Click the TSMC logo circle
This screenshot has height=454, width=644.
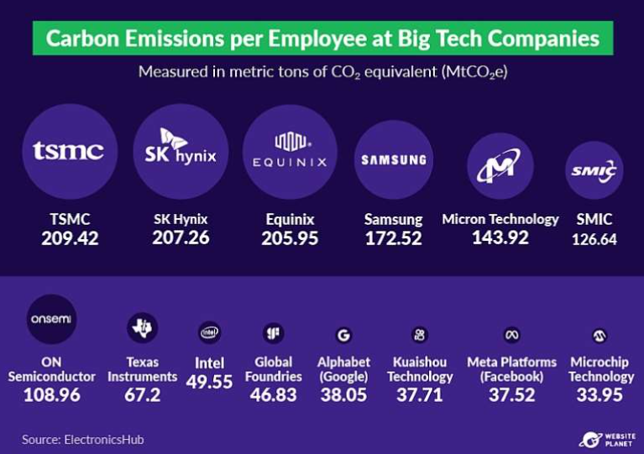pyautogui.click(x=69, y=151)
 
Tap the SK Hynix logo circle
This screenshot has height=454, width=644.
pyautogui.click(x=180, y=151)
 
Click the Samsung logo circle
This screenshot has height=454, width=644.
pyautogui.click(x=393, y=159)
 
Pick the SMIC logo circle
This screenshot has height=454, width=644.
pyautogui.click(x=594, y=170)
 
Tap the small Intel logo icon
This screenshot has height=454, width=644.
pyautogui.click(x=209, y=334)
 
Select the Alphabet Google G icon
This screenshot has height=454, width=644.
pyautogui.click(x=343, y=335)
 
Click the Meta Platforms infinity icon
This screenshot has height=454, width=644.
pyautogui.click(x=511, y=335)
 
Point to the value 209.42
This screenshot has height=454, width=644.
pyautogui.click(x=70, y=238)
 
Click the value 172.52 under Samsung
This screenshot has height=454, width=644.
pyautogui.click(x=393, y=238)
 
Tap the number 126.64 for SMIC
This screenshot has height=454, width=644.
pyautogui.click(x=594, y=239)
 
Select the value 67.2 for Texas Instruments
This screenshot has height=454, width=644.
pyautogui.click(x=142, y=394)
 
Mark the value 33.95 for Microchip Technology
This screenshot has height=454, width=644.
pyautogui.click(x=600, y=394)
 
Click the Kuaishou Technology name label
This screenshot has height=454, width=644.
pyautogui.click(x=421, y=369)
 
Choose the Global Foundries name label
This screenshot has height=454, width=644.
pyautogui.click(x=273, y=369)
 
